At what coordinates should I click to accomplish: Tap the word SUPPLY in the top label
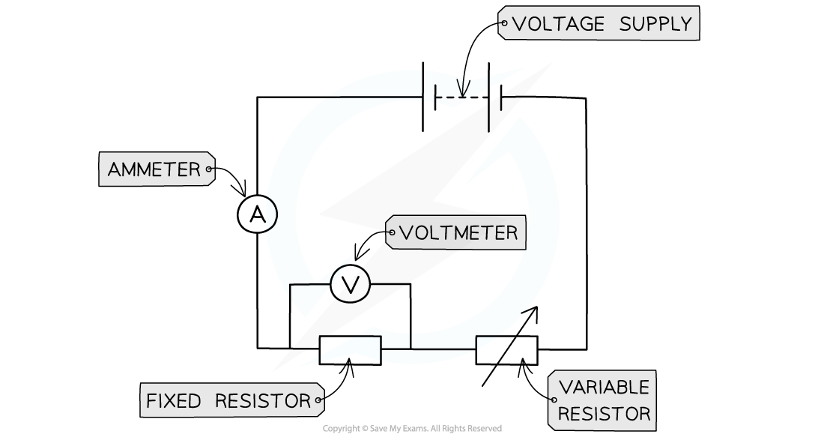click(x=655, y=24)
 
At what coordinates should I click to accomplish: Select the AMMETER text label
click(x=154, y=170)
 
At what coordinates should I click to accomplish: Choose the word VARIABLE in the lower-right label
click(x=604, y=388)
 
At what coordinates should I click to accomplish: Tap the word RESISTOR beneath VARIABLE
click(x=604, y=414)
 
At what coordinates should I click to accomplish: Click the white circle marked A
click(x=258, y=215)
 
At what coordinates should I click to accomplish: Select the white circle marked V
click(x=350, y=284)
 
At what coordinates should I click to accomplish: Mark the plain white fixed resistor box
click(x=350, y=350)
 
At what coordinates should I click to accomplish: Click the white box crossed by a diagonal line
click(x=506, y=350)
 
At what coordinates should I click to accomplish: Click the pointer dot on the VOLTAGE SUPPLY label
click(x=503, y=24)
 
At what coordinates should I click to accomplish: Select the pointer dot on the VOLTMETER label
click(x=391, y=233)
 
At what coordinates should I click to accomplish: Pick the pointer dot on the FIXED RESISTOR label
click(x=318, y=401)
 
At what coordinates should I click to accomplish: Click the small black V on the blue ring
click(x=463, y=87)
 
